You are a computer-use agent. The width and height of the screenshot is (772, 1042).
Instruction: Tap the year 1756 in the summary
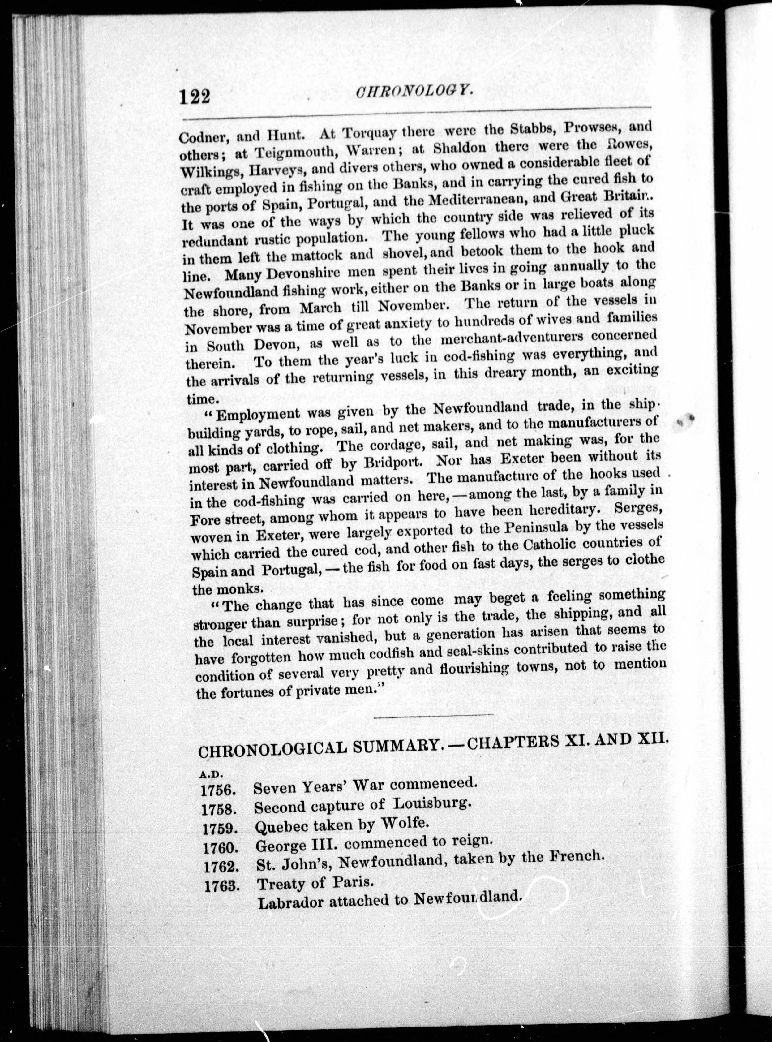click(217, 790)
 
